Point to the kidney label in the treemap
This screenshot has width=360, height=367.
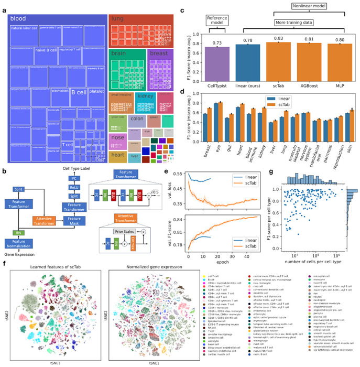point(144,96)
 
